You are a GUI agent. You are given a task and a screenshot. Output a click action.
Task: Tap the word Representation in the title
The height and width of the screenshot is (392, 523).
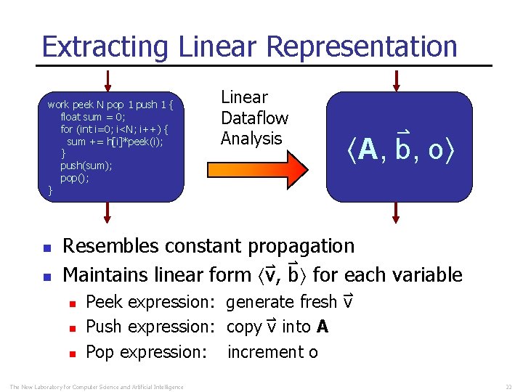point(362,46)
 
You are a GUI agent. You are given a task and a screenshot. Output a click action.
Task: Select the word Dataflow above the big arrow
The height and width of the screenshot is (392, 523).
point(254,118)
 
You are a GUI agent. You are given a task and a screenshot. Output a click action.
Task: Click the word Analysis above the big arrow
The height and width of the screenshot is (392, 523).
point(251,138)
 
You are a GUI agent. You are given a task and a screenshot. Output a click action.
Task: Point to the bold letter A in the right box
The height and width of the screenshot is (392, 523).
point(368,150)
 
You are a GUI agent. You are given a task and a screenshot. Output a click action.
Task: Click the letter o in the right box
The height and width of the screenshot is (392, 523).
point(435,150)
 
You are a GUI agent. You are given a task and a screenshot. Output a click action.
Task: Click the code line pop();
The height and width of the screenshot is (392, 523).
point(74,178)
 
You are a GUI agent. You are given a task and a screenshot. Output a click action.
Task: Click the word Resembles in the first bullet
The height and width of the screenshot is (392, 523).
point(108,246)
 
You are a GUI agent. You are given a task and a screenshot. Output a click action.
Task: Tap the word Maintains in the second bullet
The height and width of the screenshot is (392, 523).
point(107,275)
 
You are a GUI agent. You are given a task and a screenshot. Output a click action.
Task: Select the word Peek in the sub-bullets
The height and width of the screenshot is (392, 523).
point(102,301)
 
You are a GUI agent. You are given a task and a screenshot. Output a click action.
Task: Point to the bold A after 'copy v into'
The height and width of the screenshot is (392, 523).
point(323,327)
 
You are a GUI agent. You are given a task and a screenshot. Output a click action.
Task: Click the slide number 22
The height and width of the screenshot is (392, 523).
point(508,385)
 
